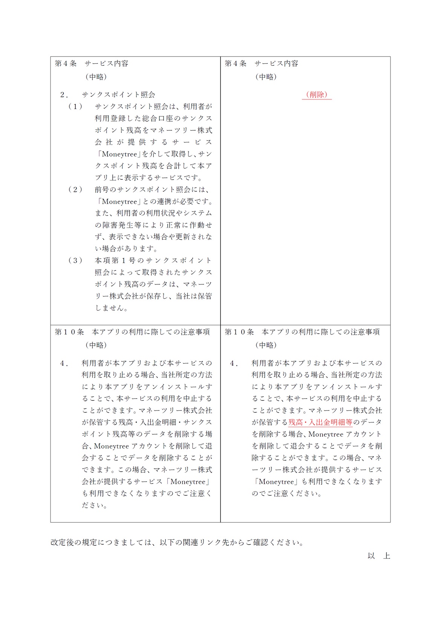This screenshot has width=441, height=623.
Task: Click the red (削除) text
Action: click(317, 95)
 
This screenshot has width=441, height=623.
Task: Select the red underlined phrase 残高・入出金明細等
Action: click(320, 422)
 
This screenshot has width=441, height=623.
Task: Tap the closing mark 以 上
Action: click(378, 556)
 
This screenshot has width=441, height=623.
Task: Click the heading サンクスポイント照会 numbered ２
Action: click(118, 95)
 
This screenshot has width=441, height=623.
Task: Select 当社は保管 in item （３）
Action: click(194, 296)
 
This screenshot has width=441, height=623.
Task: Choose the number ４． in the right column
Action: click(234, 363)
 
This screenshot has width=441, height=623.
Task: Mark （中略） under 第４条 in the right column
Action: click(266, 77)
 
